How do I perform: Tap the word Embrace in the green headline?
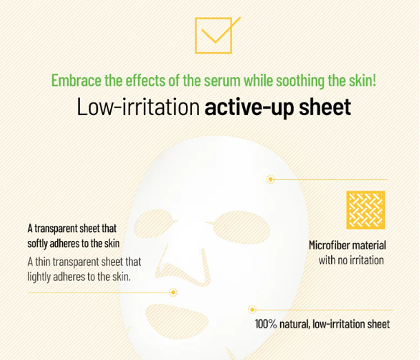tap(76, 80)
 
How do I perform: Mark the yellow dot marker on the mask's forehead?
tap(271, 179)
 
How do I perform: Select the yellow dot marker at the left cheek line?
tap(173, 293)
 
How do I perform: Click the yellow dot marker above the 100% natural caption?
tap(253, 310)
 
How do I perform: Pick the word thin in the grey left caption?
tap(45, 262)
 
